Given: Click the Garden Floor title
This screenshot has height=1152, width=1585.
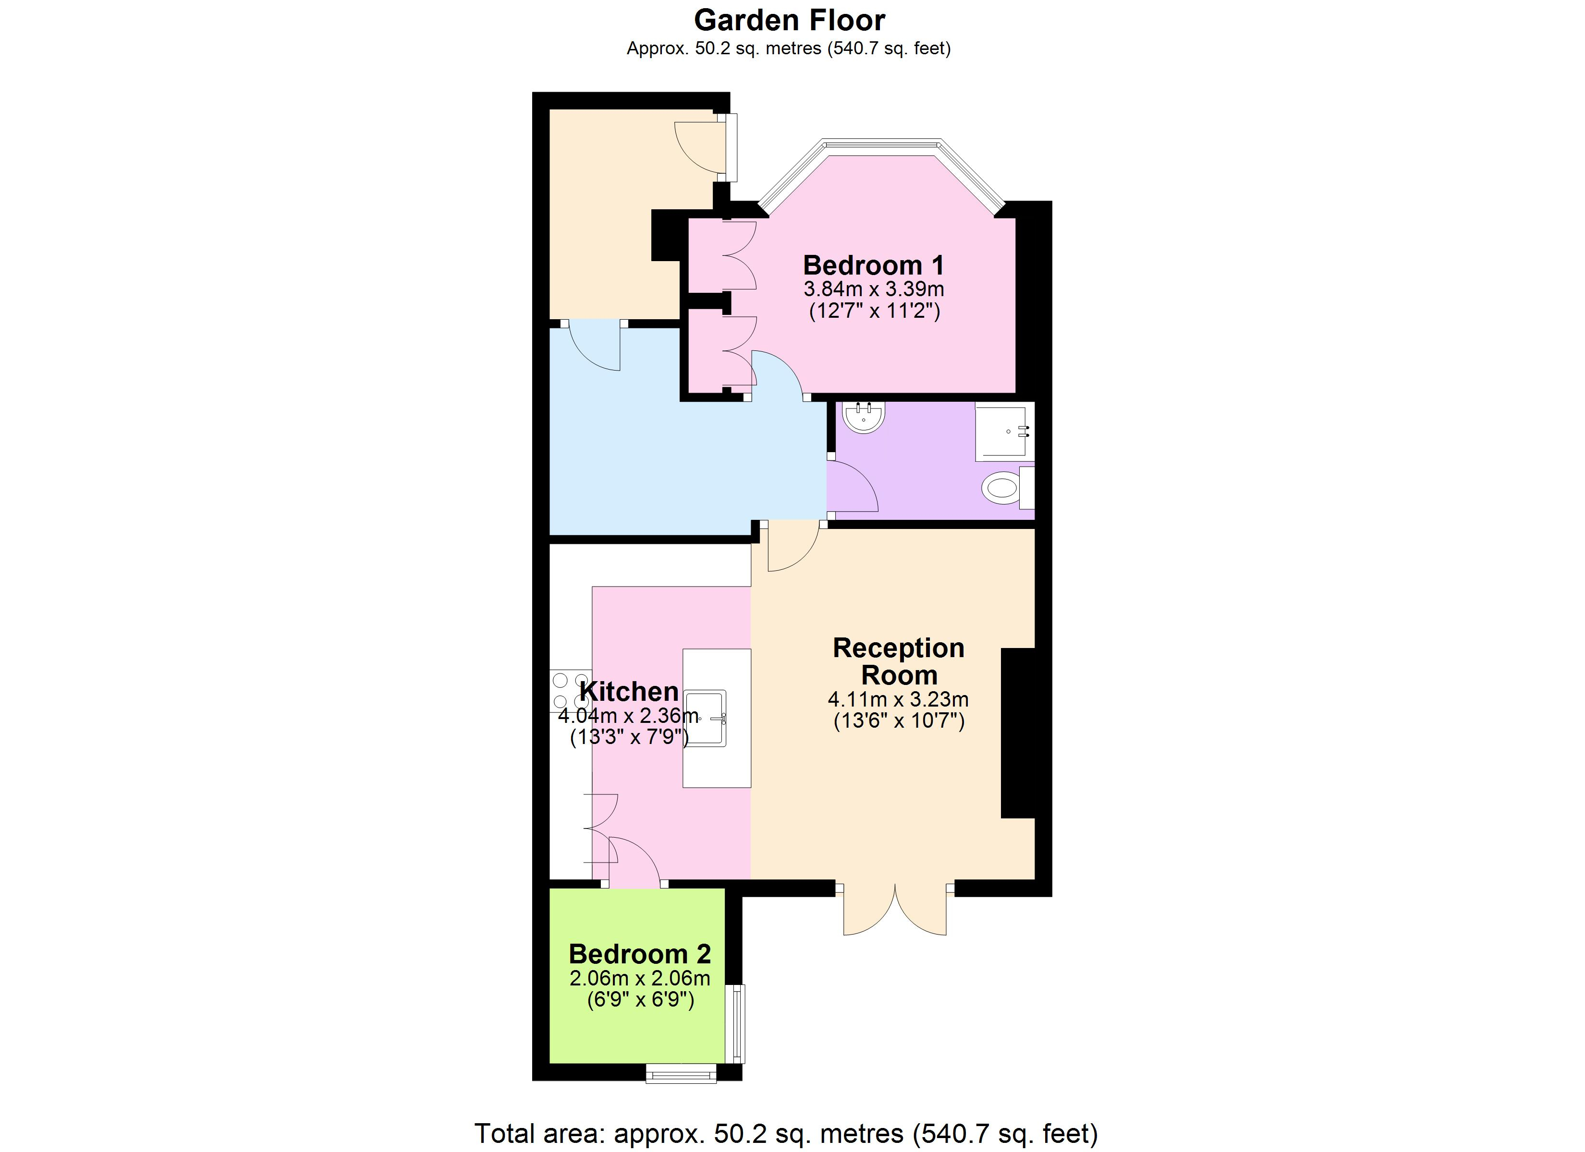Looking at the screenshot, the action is pos(789,20).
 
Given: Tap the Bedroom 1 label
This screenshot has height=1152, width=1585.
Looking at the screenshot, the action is pos(874,265).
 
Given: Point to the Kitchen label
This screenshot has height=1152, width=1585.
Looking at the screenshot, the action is pos(629,692).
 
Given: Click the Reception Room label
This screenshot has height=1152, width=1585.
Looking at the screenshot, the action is pos(899,661).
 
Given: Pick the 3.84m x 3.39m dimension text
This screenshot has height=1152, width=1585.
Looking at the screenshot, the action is pos(874,288).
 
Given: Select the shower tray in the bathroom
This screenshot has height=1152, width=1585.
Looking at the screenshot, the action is pos(1004,431).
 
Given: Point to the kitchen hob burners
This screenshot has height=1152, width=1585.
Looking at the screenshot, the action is pos(571,691).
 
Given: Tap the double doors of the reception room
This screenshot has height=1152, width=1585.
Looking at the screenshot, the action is pos(895,909).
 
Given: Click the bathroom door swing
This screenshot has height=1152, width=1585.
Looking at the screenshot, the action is pos(853,486).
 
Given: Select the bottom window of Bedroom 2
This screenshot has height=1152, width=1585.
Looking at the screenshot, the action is pos(682,1073).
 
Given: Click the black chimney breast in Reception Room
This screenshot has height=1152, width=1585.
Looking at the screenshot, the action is pos(1018,733).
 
